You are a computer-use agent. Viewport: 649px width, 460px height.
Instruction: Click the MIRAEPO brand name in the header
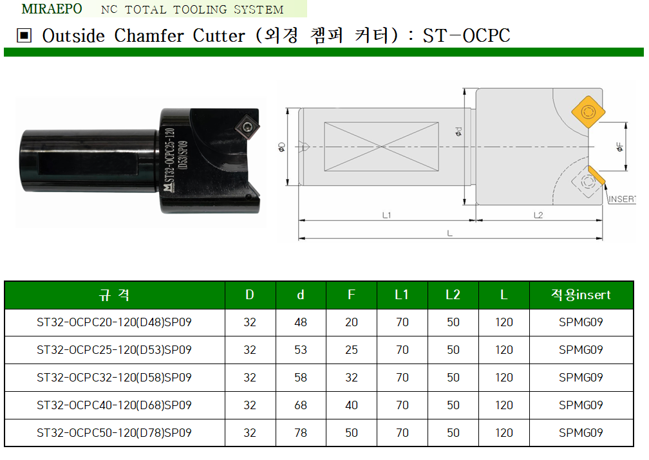click(x=52, y=9)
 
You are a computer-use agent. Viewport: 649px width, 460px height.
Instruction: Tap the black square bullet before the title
click(x=24, y=35)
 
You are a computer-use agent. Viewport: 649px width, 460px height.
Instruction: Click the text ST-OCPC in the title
click(x=466, y=35)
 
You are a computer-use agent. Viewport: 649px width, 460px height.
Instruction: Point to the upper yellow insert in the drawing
click(x=588, y=112)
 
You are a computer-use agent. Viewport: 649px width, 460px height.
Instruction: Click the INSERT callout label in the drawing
click(x=621, y=199)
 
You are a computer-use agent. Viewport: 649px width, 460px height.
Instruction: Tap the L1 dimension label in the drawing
click(x=386, y=215)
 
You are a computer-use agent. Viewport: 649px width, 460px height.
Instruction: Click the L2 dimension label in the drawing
click(x=538, y=215)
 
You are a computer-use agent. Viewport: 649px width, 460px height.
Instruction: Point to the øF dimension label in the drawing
click(x=619, y=147)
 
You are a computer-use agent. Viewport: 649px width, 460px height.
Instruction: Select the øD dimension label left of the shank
click(x=281, y=147)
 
